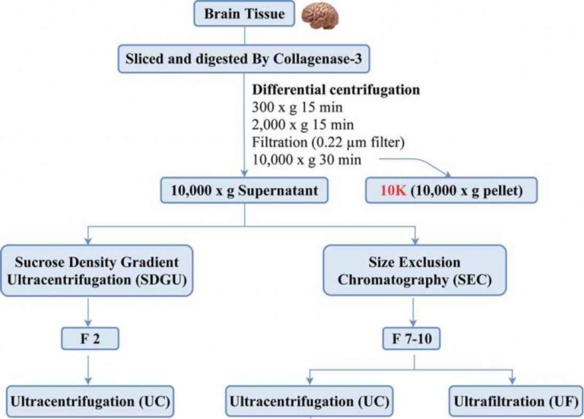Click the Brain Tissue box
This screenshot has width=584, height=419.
click(x=244, y=14)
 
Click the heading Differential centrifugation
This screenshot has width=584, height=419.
click(x=336, y=89)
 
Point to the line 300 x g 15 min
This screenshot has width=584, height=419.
click(x=297, y=107)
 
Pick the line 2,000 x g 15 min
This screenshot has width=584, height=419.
click(x=303, y=125)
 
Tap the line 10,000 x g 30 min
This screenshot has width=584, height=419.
click(x=306, y=160)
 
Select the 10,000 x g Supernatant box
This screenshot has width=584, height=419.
click(x=244, y=191)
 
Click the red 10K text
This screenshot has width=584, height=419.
click(x=393, y=191)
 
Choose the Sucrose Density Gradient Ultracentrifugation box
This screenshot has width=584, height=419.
click(x=96, y=270)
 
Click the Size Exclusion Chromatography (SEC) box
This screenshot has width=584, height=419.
click(x=414, y=270)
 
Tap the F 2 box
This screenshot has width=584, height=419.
click(x=89, y=339)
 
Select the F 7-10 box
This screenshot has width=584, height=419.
click(x=412, y=339)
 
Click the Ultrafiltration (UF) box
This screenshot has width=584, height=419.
click(x=515, y=401)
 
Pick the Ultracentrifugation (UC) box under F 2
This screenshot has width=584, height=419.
click(x=90, y=401)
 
